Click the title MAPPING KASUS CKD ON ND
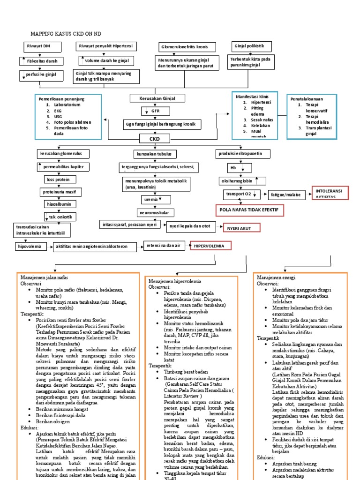[x=66, y=34]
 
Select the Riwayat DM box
[x=38, y=46]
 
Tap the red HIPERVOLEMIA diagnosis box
[x=209, y=246]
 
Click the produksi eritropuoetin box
[x=243, y=154]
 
